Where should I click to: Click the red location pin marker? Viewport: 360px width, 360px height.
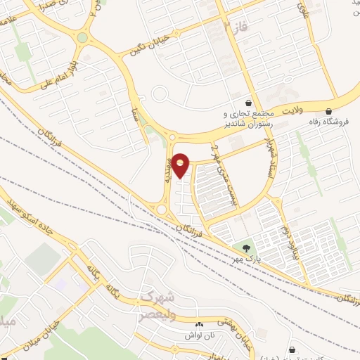click(181, 165)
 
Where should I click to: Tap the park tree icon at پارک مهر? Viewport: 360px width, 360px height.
click(246, 248)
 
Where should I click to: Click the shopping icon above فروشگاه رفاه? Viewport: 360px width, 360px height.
click(329, 110)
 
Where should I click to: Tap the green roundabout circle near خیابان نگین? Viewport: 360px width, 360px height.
click(83, 37)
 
